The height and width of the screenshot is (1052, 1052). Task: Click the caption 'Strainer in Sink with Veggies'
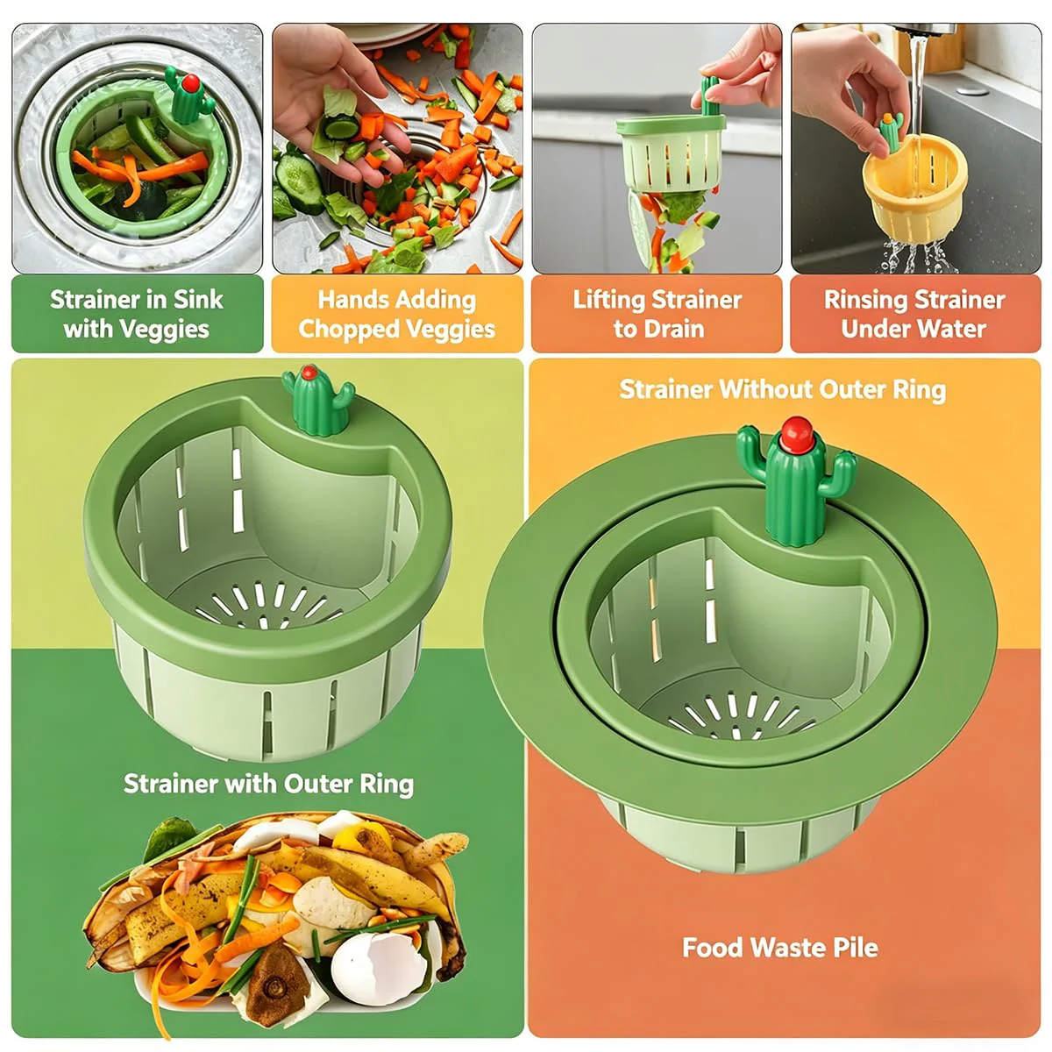[137, 314]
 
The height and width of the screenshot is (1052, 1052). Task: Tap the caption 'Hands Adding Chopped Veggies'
[397, 314]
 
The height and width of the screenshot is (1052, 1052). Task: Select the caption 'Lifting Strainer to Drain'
[657, 314]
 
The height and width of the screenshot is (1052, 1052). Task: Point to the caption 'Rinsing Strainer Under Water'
[914, 314]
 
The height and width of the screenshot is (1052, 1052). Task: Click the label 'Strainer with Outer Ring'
[268, 785]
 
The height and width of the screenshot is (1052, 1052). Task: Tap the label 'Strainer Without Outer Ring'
[782, 390]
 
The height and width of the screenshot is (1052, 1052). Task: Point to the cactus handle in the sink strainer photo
[188, 96]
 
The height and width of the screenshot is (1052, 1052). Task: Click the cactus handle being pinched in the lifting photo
[710, 96]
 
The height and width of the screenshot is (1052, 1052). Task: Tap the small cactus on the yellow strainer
[891, 131]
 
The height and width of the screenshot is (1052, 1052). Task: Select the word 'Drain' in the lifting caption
[674, 330]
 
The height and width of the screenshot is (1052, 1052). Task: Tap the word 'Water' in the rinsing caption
[953, 329]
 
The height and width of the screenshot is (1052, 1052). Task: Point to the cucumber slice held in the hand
[342, 127]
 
